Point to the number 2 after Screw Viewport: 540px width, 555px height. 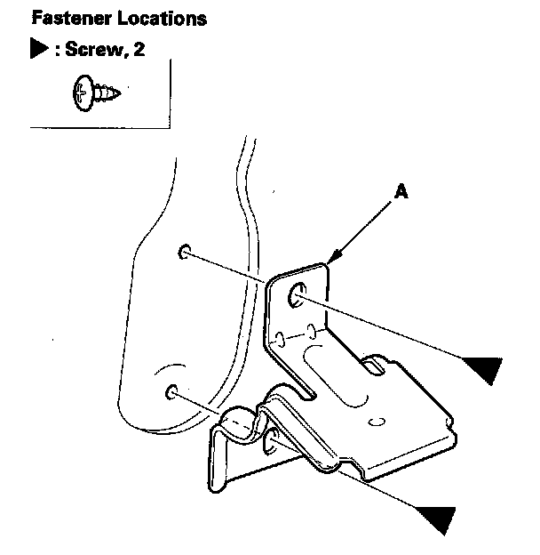click(x=139, y=49)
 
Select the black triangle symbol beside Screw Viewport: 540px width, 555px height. click(x=39, y=49)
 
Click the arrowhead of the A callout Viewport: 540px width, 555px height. click(x=330, y=261)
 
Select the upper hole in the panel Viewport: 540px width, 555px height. click(x=184, y=252)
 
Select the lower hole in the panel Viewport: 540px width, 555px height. click(x=172, y=391)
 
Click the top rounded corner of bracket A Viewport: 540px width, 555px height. click(x=325, y=264)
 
